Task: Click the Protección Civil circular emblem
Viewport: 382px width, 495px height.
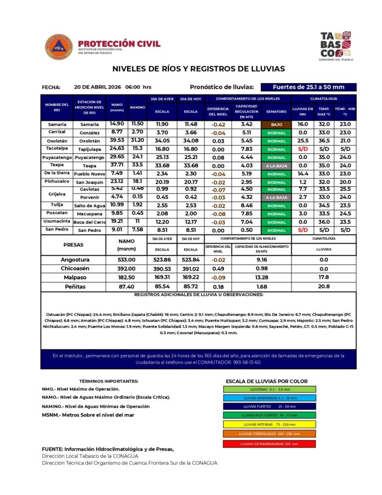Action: pyautogui.click(x=59, y=47)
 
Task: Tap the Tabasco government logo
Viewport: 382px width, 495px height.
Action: pyautogui.click(x=336, y=46)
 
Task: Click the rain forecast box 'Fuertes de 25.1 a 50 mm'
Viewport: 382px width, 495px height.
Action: pyautogui.click(x=309, y=87)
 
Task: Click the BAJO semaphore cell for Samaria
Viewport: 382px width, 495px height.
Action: pyautogui.click(x=276, y=124)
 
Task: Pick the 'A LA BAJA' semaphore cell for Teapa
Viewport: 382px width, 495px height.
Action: pyautogui.click(x=276, y=165)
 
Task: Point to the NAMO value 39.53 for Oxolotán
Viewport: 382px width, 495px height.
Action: pyautogui.click(x=117, y=140)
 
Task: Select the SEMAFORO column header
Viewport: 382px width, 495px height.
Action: pyautogui.click(x=276, y=111)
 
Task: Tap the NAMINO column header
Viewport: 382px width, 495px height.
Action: pyautogui.click(x=138, y=107)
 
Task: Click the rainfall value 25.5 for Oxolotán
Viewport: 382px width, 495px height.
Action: pyautogui.click(x=303, y=141)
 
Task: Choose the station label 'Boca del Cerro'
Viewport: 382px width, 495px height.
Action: pyautogui.click(x=89, y=221)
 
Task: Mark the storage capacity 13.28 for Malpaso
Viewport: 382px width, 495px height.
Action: pyautogui.click(x=261, y=277)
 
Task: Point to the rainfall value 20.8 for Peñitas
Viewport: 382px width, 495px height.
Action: pyautogui.click(x=324, y=286)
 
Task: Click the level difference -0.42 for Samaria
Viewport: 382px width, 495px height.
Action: pyautogui.click(x=218, y=124)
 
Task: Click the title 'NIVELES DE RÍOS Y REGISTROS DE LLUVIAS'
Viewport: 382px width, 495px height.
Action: pyautogui.click(x=198, y=69)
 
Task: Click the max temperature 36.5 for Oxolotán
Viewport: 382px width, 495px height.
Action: pyautogui.click(x=324, y=141)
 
